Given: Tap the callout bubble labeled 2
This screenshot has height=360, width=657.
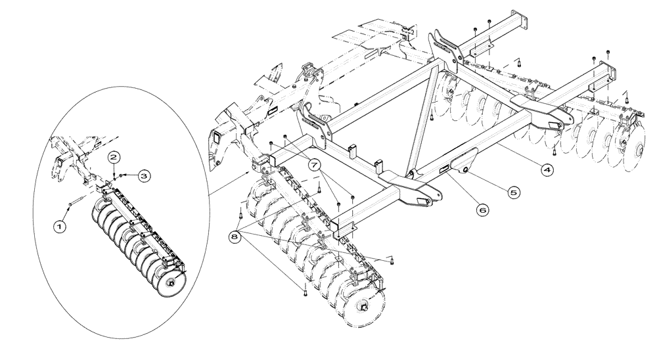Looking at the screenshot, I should (114, 157).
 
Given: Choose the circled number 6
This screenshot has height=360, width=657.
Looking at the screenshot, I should (482, 210).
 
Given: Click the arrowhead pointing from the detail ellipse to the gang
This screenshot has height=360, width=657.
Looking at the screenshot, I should (247, 173).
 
